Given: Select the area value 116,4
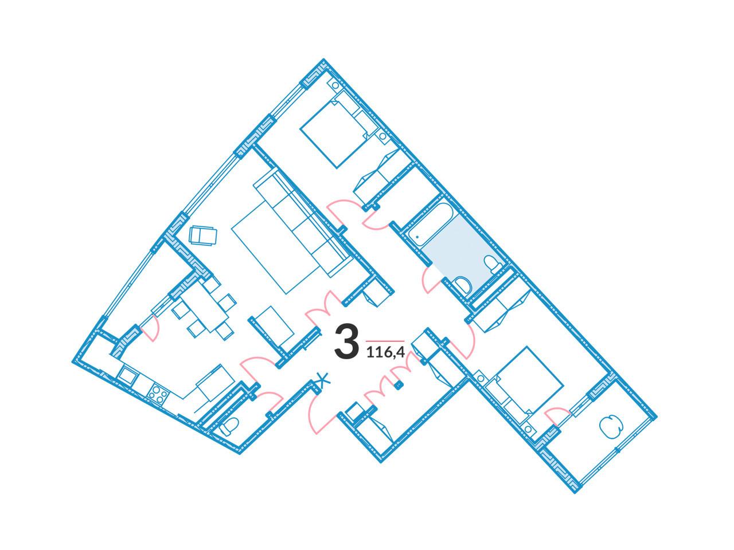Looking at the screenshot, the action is pyautogui.click(x=385, y=353).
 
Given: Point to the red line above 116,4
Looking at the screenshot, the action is pyautogui.click(x=385, y=341).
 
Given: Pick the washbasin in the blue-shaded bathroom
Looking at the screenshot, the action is pyautogui.click(x=463, y=285).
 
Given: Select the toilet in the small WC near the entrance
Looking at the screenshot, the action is pyautogui.click(x=228, y=427).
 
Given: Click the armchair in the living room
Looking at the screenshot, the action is pyautogui.click(x=202, y=235).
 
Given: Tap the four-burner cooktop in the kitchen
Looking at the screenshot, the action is pyautogui.click(x=158, y=395).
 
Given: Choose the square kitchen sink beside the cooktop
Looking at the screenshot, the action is pyautogui.click(x=127, y=376).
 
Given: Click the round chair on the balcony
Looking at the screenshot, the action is pyautogui.click(x=611, y=427).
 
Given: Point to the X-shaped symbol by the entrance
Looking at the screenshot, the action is pyautogui.click(x=322, y=380).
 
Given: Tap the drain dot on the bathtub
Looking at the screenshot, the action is pyautogui.click(x=417, y=237).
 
